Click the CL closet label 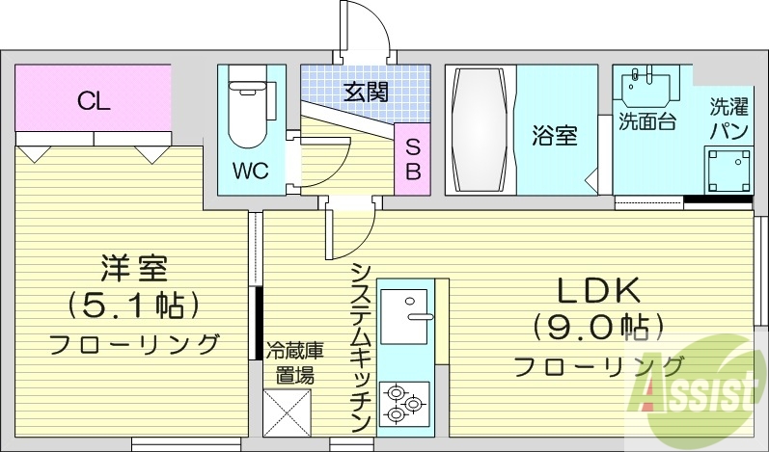pyautogui.click(x=94, y=99)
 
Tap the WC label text pyautogui.click(x=249, y=171)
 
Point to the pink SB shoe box pyautogui.click(x=412, y=160)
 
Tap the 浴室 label pyautogui.click(x=554, y=136)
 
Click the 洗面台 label pyautogui.click(x=646, y=122)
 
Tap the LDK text pyautogui.click(x=597, y=291)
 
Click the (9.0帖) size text pyautogui.click(x=597, y=327)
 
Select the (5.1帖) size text pyautogui.click(x=134, y=305)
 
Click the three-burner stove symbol pyautogui.click(x=404, y=403)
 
